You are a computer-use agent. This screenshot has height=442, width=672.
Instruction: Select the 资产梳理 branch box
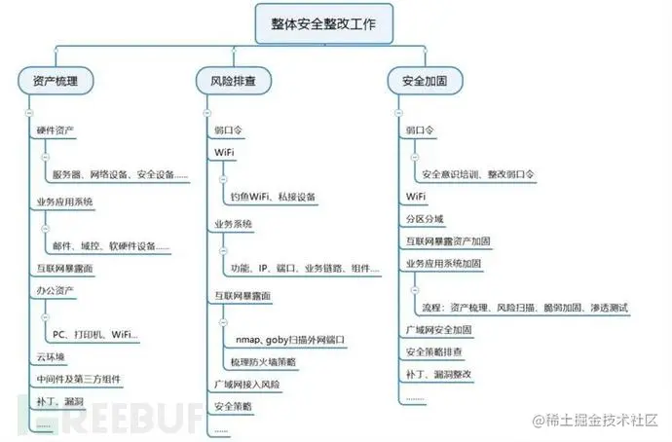(x=56, y=81)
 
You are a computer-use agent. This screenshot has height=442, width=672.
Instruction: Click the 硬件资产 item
(x=56, y=129)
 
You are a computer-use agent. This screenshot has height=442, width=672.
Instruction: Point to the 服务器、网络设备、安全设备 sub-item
(x=120, y=174)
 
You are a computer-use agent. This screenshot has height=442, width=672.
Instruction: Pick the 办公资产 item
(x=56, y=290)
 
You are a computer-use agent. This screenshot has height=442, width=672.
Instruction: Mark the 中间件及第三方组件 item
(x=78, y=379)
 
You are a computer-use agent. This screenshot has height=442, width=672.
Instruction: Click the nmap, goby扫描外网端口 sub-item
(x=290, y=340)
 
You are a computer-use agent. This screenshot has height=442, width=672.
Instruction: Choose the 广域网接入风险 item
(x=245, y=384)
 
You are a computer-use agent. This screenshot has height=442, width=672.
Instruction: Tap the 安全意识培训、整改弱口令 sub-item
(x=477, y=174)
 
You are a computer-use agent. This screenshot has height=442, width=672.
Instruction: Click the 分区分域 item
(x=425, y=219)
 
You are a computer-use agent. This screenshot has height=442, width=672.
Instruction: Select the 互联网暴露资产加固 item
(x=447, y=240)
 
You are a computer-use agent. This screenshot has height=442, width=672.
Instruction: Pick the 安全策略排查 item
(x=433, y=351)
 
